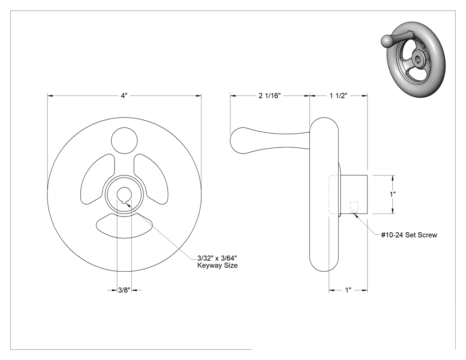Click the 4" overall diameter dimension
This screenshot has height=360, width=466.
[x=124, y=95]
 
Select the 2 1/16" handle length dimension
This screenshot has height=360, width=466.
[x=269, y=95]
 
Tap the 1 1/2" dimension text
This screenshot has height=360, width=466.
[x=339, y=95]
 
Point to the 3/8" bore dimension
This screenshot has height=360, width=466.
[x=124, y=290]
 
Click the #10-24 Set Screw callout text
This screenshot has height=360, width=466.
[x=409, y=235]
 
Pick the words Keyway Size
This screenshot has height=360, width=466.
[x=217, y=265]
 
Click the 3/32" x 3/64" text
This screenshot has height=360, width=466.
[x=217, y=257]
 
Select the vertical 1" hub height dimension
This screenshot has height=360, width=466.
[x=393, y=194]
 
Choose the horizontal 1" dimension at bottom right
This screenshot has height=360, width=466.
[x=348, y=290]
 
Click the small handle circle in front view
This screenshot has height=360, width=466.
[x=124, y=140]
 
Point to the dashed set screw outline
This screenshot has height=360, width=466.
[x=354, y=207]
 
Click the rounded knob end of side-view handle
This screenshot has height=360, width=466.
[x=238, y=141]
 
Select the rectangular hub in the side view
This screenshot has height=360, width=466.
[x=354, y=194]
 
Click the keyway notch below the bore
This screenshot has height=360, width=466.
[x=124, y=202]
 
